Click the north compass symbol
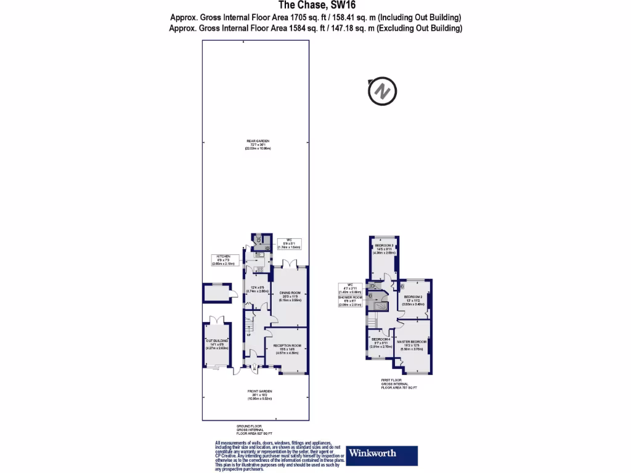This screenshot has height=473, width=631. click(382, 92)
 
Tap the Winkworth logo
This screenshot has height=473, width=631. click(382, 454)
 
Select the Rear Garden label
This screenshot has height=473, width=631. click(258, 145)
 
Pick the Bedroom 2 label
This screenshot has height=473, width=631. click(413, 299)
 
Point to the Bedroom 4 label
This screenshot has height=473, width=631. click(380, 344)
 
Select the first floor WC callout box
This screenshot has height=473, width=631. click(349, 288)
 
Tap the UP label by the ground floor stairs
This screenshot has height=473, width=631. click(248, 335)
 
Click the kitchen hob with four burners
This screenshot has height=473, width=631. click(259, 269)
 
